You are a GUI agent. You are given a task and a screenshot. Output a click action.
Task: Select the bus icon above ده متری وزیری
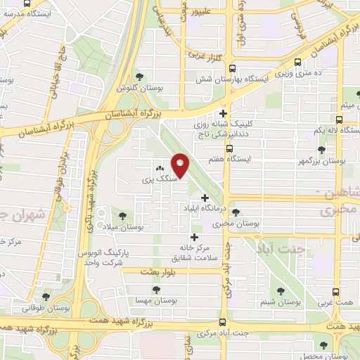tap(300, 61)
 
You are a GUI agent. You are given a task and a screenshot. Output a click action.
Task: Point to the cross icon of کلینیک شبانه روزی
tap(223, 113)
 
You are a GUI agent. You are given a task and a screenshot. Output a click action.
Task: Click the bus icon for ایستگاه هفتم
tap(229, 148)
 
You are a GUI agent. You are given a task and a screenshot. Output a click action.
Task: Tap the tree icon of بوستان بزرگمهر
tap(321, 150)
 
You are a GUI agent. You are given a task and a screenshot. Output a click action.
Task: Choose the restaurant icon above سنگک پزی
tap(159, 169)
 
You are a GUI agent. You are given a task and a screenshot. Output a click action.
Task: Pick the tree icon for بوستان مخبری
tap(235, 212)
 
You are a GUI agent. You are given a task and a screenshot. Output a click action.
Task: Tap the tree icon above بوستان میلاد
tap(124, 214)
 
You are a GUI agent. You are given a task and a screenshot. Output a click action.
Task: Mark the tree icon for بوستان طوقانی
tap(46, 297)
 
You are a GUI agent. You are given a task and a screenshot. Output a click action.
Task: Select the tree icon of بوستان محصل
tap(323, 345)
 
